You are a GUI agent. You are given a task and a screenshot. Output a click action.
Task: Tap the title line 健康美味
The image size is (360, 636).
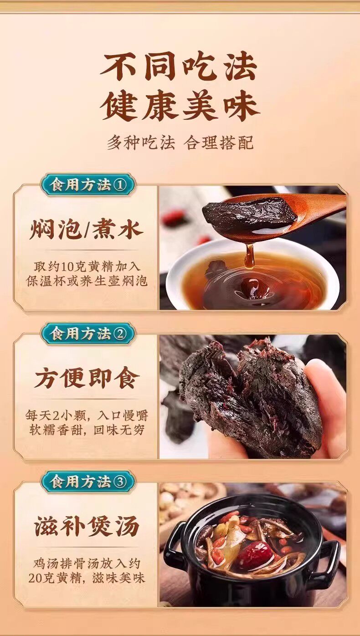(x=180, y=108)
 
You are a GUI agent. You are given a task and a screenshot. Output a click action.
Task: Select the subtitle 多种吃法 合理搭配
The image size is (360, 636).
(x=180, y=143)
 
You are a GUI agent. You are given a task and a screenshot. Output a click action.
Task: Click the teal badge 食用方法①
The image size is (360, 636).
(x=88, y=185)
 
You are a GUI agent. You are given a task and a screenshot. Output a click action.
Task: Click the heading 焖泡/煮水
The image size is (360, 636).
(x=86, y=230)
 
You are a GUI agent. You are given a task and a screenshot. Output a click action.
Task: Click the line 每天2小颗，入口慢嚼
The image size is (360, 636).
(x=87, y=416)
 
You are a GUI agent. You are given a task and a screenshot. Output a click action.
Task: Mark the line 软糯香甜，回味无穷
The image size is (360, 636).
(x=87, y=431)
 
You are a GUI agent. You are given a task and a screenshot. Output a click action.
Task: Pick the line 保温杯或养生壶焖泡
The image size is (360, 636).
(x=87, y=281)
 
